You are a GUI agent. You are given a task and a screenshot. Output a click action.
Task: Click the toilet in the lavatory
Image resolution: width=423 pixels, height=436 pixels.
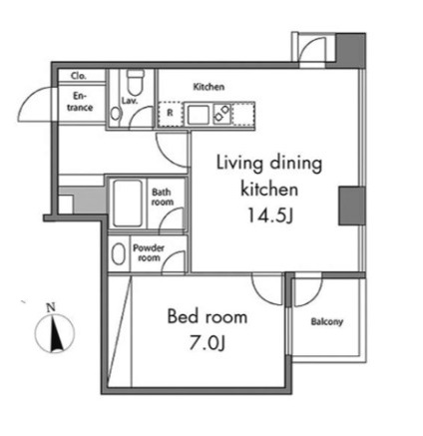tap(135, 82)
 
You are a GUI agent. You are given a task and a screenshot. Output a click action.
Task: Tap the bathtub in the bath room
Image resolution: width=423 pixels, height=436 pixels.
tap(128, 203)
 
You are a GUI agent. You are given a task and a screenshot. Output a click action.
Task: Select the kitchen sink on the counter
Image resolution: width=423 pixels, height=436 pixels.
tap(199, 115)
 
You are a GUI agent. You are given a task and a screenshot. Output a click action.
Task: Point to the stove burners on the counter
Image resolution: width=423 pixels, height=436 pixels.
tap(221, 113)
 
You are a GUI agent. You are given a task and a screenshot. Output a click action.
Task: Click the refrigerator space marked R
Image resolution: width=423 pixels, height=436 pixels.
tap(170, 114)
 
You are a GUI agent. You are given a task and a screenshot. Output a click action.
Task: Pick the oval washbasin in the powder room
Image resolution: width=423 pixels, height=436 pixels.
tap(118, 253)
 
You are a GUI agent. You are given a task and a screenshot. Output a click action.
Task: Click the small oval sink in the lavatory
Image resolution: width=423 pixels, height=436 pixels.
tap(116, 114)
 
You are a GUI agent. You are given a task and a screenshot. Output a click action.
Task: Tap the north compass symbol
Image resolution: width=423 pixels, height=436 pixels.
tap(55, 333)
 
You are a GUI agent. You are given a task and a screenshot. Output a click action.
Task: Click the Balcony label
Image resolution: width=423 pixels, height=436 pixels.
tap(327, 321)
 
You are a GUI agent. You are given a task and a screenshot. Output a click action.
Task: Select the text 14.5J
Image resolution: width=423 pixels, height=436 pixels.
tap(269, 216)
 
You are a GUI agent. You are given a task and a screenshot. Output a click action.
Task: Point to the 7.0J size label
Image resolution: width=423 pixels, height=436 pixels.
tap(208, 343)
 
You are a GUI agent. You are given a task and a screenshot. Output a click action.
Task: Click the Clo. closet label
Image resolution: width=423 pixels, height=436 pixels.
tap(79, 76)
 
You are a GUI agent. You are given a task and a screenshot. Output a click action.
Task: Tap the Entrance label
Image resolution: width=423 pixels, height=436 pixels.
tap(80, 102)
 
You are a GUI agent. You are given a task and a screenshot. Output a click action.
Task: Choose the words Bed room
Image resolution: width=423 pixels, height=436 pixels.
tap(208, 316)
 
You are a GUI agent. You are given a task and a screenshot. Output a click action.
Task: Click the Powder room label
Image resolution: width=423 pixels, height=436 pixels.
tap(149, 252)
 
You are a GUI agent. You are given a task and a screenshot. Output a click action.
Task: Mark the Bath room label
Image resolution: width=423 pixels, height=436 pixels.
tap(163, 197)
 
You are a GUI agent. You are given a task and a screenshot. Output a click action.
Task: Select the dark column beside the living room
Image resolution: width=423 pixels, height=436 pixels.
tap(352, 206)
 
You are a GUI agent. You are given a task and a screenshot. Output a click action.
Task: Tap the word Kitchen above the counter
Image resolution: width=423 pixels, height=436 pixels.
tap(209, 87)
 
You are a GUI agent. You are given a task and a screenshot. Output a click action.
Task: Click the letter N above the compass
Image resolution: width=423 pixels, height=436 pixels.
tap(51, 307)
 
